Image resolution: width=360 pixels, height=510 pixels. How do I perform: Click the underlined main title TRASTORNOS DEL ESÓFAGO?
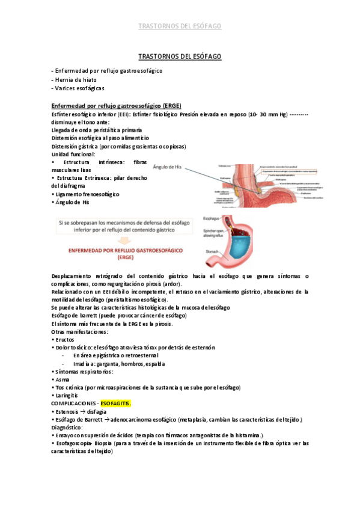[180, 56]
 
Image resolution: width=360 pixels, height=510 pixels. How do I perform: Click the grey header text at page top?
[180, 26]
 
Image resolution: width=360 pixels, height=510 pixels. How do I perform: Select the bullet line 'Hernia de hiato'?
[75, 79]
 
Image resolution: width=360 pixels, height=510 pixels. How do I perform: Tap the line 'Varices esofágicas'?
[78, 88]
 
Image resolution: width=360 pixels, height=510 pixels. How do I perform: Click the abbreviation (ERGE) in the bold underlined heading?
[171, 105]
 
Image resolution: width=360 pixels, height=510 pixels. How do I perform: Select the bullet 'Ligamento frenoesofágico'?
[88, 194]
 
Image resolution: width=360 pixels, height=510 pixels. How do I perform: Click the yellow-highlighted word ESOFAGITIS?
[114, 402]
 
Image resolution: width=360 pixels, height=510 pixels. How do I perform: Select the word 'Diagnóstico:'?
[69, 427]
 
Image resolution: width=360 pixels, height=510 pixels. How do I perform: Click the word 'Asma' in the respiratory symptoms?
[62, 379]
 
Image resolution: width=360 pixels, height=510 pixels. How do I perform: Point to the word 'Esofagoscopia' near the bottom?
[75, 443]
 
